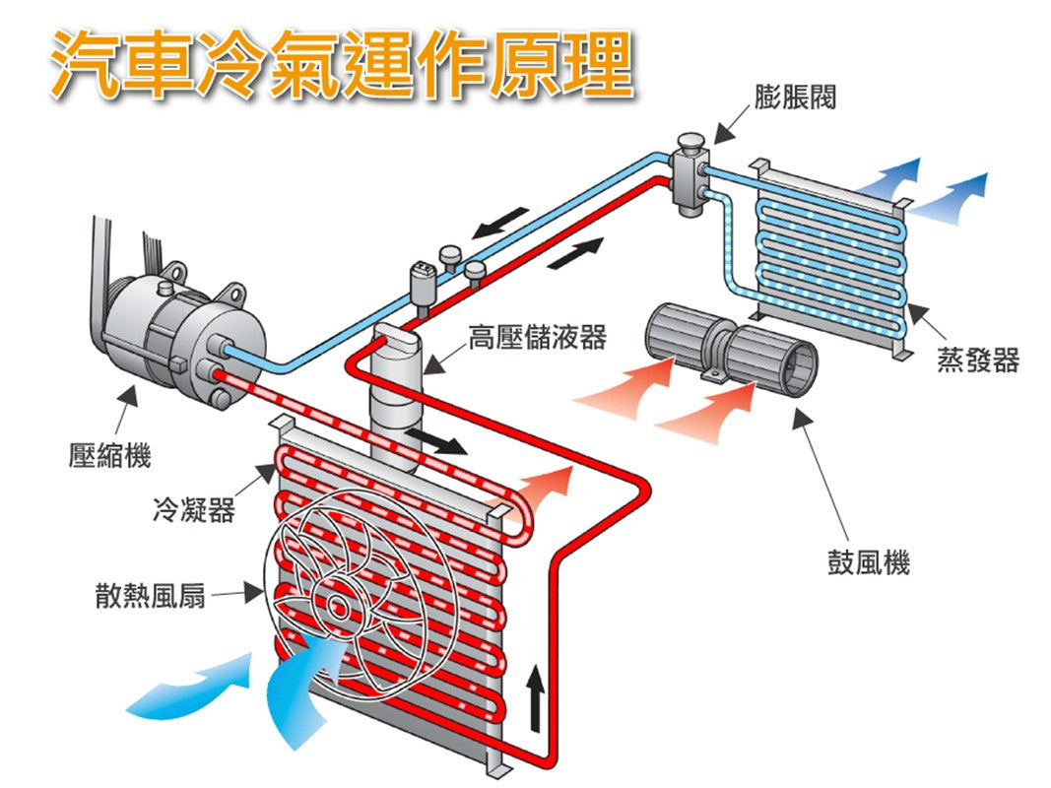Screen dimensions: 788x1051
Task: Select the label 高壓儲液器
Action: point(537,338)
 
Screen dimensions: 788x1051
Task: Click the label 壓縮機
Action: point(109,455)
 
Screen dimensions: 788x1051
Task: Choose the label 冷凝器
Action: point(193,510)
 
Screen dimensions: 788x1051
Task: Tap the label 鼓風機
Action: point(868,563)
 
